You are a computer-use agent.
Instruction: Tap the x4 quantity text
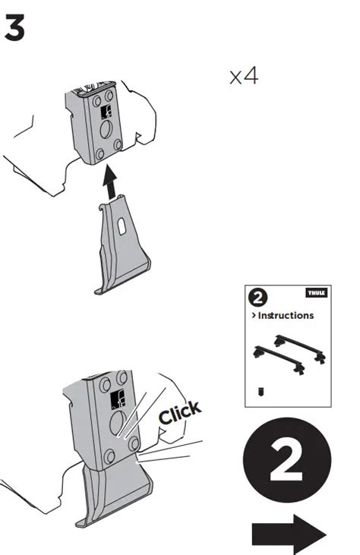coord(244,77)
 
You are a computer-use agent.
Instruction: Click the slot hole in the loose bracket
coord(122,224)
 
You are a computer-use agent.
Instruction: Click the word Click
coord(180,414)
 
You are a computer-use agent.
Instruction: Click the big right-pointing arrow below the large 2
coord(289,535)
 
